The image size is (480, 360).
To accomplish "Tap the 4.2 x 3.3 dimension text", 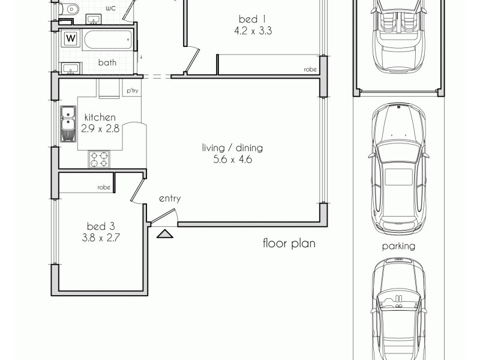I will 254,32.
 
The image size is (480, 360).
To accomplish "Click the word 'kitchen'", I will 100,117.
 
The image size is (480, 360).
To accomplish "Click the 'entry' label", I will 169,199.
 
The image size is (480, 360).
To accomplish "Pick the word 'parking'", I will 399,246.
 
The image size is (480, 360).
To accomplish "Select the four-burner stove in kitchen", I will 100,159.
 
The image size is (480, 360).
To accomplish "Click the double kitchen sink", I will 67,122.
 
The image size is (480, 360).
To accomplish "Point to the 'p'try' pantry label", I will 131,91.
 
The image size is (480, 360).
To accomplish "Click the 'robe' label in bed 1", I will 310,70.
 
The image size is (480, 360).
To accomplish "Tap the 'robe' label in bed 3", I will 104,187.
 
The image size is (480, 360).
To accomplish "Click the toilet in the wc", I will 71,10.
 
